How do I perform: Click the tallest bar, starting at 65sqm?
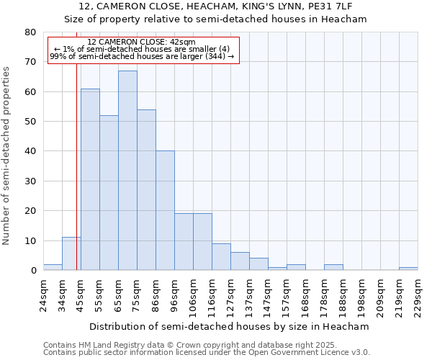[x=127, y=171]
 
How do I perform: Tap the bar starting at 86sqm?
[x=165, y=210]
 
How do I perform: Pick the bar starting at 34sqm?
[x=71, y=253]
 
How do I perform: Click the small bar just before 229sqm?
[x=408, y=269]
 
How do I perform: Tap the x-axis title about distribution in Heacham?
[x=230, y=326]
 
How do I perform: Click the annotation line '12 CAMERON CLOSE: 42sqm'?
[x=141, y=42]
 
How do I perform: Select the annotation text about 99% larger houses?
[x=142, y=56]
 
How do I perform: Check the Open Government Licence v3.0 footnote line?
[x=207, y=353]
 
